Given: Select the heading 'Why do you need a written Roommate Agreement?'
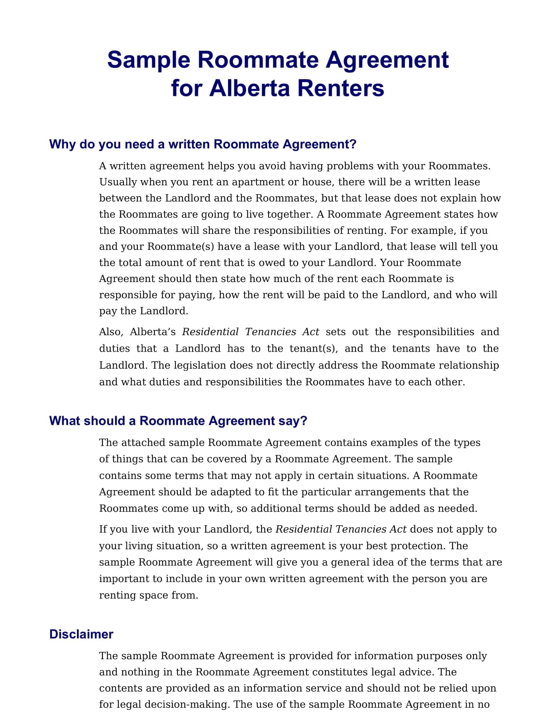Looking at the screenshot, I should (202, 144).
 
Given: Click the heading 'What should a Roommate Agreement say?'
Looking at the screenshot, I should (178, 421).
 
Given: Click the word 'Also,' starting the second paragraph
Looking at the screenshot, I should (111, 332).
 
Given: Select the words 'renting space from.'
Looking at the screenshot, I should (148, 595).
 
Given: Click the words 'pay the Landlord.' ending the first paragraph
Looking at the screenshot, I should (144, 311).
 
